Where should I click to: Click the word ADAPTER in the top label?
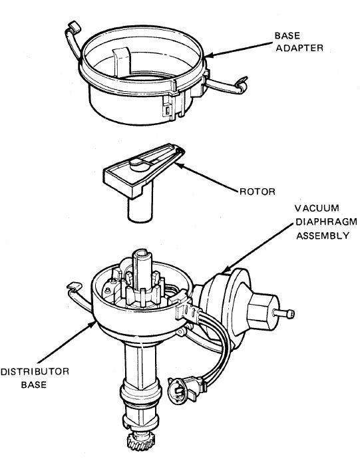click(x=299, y=48)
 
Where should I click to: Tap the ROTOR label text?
click(x=258, y=192)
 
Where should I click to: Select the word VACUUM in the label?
click(x=317, y=208)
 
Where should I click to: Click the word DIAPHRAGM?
click(x=326, y=222)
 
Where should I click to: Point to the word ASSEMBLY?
click(x=323, y=235)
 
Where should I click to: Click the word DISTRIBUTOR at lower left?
click(x=35, y=371)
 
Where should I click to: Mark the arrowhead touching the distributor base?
click(x=93, y=324)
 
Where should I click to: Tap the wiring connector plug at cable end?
click(x=180, y=389)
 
